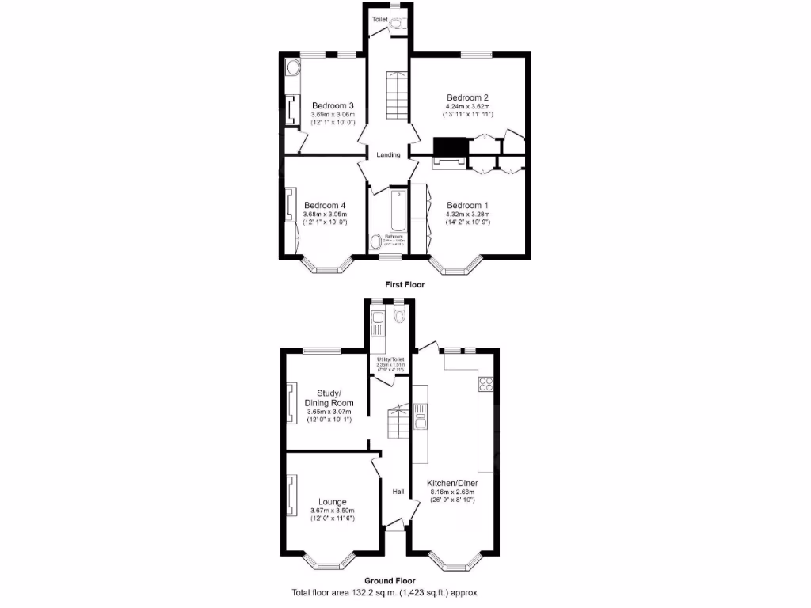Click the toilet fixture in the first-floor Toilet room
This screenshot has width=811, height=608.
click(397, 25)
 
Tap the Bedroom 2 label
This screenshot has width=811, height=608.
click(467, 97)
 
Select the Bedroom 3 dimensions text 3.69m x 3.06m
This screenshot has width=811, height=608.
click(333, 115)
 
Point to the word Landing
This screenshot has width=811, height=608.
click(388, 154)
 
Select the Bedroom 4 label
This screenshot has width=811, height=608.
click(325, 205)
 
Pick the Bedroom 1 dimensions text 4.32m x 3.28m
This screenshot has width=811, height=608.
click(468, 214)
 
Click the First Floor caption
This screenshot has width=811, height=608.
click(405, 284)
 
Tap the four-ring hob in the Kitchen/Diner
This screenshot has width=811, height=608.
click(485, 386)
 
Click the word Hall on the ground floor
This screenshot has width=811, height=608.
click(398, 492)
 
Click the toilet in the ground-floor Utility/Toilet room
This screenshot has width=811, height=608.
click(398, 316)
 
